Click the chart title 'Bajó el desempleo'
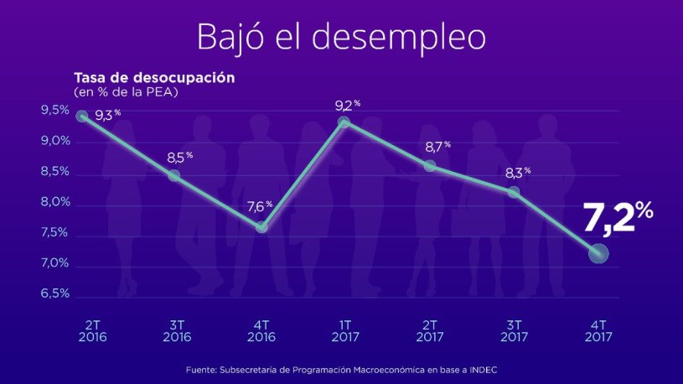341,37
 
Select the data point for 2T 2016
82,117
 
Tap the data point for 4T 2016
261,227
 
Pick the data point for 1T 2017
344,123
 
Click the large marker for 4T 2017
598,253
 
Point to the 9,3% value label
106,116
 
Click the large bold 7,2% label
618,221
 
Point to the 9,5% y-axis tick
54,111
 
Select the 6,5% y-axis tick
54,294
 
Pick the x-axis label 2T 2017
428,330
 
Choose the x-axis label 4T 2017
598,330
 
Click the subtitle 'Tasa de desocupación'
153,78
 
